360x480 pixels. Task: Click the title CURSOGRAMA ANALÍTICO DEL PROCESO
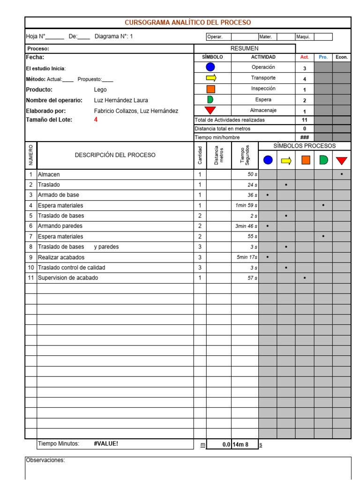(187, 22)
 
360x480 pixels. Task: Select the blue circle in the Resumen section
(210, 67)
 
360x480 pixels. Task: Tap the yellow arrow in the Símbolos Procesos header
(286, 161)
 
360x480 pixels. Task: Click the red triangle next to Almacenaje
(210, 110)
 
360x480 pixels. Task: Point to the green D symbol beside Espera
(210, 99)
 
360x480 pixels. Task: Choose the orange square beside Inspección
(210, 89)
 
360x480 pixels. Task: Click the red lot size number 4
(96, 120)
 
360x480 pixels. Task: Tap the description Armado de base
(59, 195)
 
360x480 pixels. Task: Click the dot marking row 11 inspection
(305, 278)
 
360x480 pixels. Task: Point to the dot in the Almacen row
(342, 174)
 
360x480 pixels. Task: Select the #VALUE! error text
(106, 443)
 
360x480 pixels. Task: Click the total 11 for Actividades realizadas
(304, 120)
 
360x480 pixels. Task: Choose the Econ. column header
(342, 57)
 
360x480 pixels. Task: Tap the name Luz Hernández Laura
(121, 100)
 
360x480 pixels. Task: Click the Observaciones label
(45, 460)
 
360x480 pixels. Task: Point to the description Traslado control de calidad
(72, 268)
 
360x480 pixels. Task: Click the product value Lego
(100, 90)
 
